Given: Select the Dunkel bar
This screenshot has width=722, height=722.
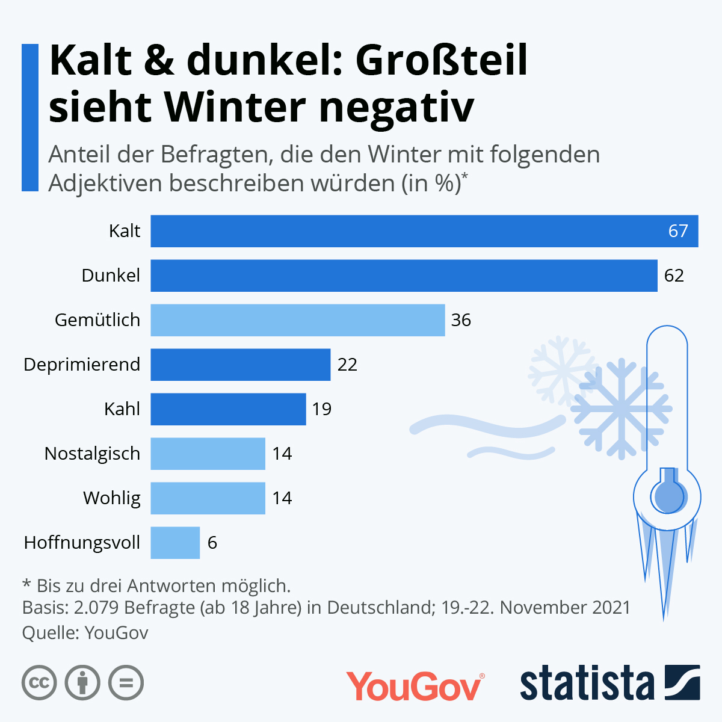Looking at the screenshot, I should [404, 276].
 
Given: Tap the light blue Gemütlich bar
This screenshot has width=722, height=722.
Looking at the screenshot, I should [297, 320].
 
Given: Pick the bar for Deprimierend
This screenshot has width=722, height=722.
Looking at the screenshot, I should [240, 365].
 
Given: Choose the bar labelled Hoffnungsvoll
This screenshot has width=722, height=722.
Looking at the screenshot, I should [174, 543].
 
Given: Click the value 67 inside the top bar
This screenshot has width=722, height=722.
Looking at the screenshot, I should [678, 231].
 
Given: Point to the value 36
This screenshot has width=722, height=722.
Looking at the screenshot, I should [461, 320].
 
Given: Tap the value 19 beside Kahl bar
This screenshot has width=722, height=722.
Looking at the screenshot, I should [322, 409].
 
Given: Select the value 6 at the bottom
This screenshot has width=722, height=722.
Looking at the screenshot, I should [212, 543].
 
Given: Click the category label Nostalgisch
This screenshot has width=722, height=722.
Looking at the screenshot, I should [92, 454].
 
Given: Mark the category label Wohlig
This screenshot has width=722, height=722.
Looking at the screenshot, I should [112, 498].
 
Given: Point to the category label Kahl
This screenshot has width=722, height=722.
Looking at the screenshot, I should [122, 409].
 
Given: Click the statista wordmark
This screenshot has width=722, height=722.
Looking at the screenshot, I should [587, 683].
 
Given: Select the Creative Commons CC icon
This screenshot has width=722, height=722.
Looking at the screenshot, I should [39, 683].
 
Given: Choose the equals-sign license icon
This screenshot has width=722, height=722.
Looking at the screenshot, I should [126, 683].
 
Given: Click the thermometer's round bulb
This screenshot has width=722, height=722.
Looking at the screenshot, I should [667, 497].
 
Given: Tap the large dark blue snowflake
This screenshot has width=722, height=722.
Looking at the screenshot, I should [621, 409].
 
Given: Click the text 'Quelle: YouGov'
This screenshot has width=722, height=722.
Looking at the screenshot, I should [85, 632].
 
